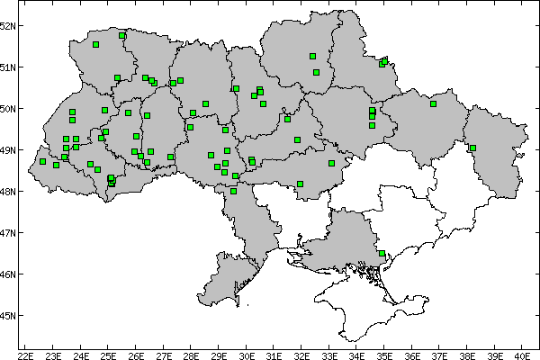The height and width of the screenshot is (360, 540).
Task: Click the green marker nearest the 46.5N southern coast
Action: pos(382,254)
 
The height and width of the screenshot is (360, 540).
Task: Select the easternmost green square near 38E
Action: pos(472,148)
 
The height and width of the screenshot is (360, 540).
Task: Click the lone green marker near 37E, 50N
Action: pos(433,103)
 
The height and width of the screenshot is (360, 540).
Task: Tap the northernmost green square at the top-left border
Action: pos(121,35)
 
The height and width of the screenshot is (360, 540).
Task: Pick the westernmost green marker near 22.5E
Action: pos(42,162)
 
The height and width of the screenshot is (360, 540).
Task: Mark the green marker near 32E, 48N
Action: pos(300,184)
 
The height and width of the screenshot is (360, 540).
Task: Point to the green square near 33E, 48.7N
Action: pos(331,163)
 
